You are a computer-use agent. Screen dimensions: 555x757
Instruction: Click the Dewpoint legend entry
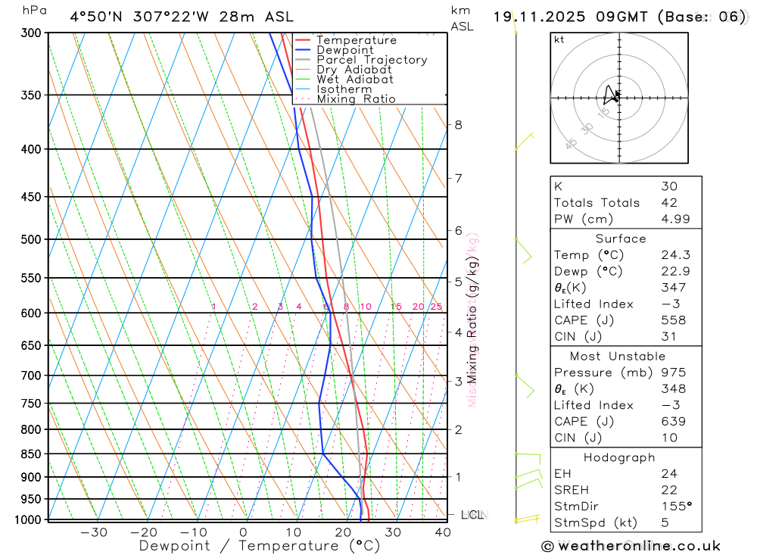click(x=344, y=50)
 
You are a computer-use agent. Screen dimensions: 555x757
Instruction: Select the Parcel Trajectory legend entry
click(x=371, y=60)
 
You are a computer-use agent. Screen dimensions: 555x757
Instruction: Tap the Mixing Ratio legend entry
click(x=356, y=99)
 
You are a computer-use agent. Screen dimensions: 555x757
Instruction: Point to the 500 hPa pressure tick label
click(x=31, y=239)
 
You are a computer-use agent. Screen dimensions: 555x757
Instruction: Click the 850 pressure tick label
click(x=31, y=454)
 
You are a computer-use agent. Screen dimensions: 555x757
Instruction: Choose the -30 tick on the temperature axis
click(x=94, y=532)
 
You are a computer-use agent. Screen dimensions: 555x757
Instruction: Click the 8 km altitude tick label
click(x=458, y=125)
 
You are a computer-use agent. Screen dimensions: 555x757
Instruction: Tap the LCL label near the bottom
click(x=472, y=516)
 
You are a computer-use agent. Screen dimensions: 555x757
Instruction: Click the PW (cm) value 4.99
click(x=674, y=220)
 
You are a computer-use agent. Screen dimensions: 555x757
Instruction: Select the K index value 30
click(x=668, y=186)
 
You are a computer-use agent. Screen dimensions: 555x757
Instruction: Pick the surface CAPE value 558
click(x=674, y=320)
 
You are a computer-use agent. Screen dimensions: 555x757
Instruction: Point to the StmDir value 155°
click(x=676, y=507)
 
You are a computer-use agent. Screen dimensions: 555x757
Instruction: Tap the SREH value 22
click(x=668, y=490)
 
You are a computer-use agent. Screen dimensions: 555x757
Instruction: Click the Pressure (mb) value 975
click(x=673, y=373)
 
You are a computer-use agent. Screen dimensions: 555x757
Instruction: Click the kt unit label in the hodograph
click(x=559, y=40)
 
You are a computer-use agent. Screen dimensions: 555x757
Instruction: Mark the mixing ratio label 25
click(x=436, y=307)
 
